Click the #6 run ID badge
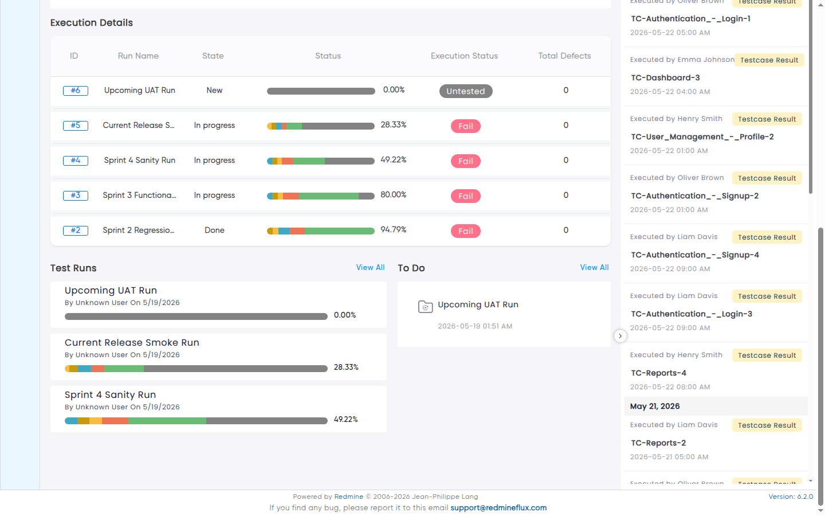pyautogui.click(x=76, y=91)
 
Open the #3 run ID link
pyautogui.click(x=76, y=196)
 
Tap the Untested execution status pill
pyautogui.click(x=466, y=91)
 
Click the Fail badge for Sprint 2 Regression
pyautogui.click(x=466, y=231)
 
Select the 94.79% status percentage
pyautogui.click(x=394, y=230)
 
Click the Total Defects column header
pyautogui.click(x=564, y=56)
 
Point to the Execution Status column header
pyautogui.click(x=464, y=56)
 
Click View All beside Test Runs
pyautogui.click(x=370, y=268)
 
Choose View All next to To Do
pyautogui.click(x=594, y=268)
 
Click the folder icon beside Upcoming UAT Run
pyautogui.click(x=425, y=307)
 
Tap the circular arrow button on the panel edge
pyautogui.click(x=620, y=336)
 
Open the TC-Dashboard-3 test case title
pyautogui.click(x=665, y=78)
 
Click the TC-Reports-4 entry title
pyautogui.click(x=658, y=373)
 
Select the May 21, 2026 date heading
pyautogui.click(x=655, y=406)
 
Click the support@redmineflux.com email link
pyautogui.click(x=498, y=508)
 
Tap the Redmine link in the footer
pyautogui.click(x=348, y=497)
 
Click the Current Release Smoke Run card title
pyautogui.click(x=132, y=343)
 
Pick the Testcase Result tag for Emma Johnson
pyautogui.click(x=769, y=60)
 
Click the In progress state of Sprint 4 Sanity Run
pyautogui.click(x=214, y=161)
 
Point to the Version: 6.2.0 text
pyautogui.click(x=791, y=497)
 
